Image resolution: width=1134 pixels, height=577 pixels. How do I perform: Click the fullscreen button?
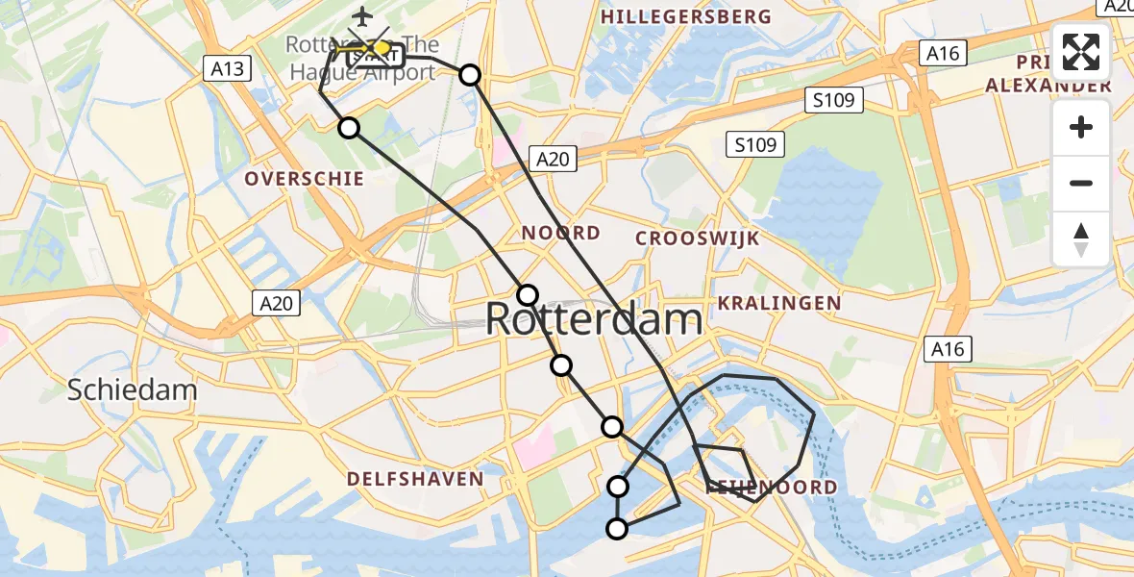click(x=1081, y=52)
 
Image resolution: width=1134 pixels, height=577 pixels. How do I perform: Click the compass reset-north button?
click(x=1081, y=239)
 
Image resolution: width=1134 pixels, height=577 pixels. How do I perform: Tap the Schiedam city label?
click(x=133, y=389)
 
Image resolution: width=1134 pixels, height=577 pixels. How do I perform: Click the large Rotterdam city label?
click(x=593, y=319)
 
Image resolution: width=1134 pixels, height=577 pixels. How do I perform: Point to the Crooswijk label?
click(x=698, y=238)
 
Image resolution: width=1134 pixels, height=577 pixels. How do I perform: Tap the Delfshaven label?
click(x=415, y=479)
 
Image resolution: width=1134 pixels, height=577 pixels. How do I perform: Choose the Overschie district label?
click(x=304, y=179)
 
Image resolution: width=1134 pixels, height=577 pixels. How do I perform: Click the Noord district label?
click(x=561, y=233)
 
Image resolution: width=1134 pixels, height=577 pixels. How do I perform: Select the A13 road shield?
click(x=228, y=68)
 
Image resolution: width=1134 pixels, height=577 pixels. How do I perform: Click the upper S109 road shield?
click(x=835, y=100)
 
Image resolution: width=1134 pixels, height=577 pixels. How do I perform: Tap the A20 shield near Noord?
click(x=553, y=159)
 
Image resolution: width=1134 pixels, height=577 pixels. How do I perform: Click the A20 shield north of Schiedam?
click(x=277, y=303)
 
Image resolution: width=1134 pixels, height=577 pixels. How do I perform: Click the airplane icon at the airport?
click(x=362, y=16)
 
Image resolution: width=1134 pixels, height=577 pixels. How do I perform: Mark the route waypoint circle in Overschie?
click(x=349, y=128)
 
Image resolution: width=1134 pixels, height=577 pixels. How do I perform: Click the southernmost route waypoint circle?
click(x=617, y=528)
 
